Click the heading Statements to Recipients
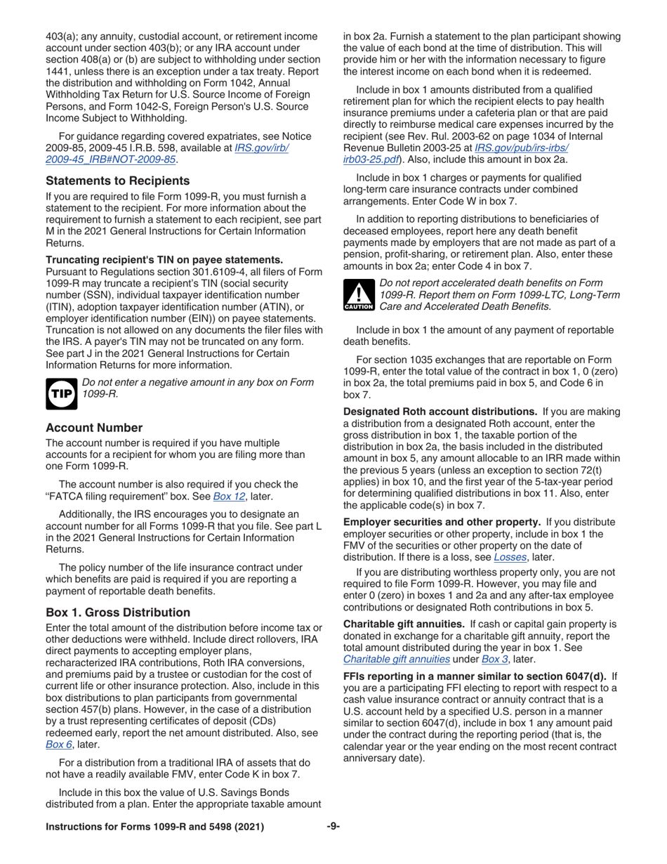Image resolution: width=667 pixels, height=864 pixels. coord(117,181)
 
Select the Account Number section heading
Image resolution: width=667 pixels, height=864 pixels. coord(94,427)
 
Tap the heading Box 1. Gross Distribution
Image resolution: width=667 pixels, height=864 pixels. coord(117,612)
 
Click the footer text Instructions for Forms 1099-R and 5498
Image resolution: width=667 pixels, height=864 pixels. coord(154,827)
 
